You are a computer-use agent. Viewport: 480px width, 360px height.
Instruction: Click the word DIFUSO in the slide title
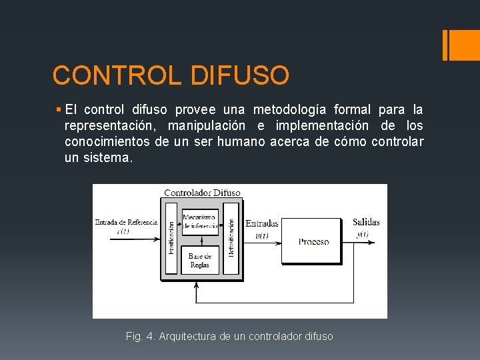240,75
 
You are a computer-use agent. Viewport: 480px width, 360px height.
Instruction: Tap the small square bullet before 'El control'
59,109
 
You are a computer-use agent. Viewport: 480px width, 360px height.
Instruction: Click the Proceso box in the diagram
313,241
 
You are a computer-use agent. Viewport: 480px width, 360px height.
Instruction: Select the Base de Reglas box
199,261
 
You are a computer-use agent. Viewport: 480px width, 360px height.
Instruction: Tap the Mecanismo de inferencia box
199,221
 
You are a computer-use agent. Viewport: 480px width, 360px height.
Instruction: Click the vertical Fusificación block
171,238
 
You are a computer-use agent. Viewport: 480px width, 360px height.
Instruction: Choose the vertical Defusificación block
231,238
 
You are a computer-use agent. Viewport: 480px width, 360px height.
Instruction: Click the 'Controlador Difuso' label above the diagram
202,193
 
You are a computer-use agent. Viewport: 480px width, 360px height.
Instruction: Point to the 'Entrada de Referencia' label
127,222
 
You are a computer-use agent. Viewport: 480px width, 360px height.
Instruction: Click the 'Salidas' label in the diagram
366,222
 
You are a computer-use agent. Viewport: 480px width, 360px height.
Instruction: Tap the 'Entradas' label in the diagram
262,223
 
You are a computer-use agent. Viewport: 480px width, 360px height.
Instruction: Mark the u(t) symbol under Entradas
262,234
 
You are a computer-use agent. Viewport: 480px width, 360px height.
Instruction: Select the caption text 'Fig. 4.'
140,337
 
